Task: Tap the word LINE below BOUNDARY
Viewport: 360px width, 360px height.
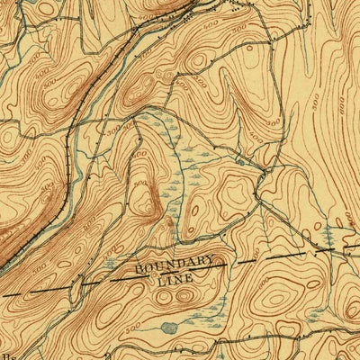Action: pyautogui.click(x=176, y=281)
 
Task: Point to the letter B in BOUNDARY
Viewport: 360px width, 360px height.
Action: pyautogui.click(x=139, y=268)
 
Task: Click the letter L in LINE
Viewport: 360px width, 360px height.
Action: pyautogui.click(x=160, y=282)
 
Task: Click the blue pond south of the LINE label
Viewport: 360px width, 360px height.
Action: pyautogui.click(x=169, y=328)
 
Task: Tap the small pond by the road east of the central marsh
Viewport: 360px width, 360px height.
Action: pyautogui.click(x=238, y=161)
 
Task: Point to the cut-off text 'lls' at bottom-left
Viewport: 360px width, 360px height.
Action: pyautogui.click(x=7, y=354)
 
